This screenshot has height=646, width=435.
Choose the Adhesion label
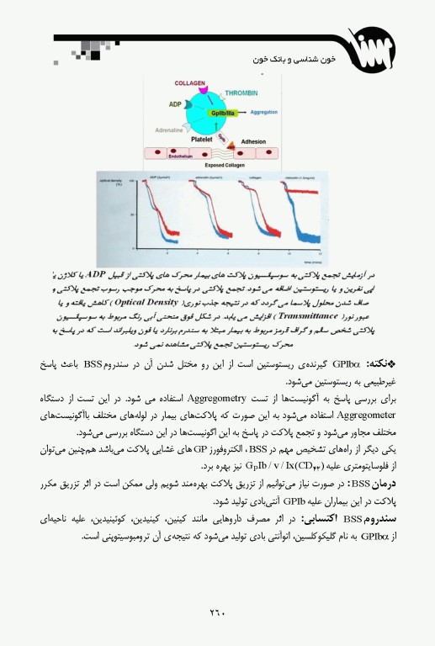point(253,142)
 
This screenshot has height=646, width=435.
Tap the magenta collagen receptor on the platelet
point(193,95)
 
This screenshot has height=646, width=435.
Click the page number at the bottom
point(218,613)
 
